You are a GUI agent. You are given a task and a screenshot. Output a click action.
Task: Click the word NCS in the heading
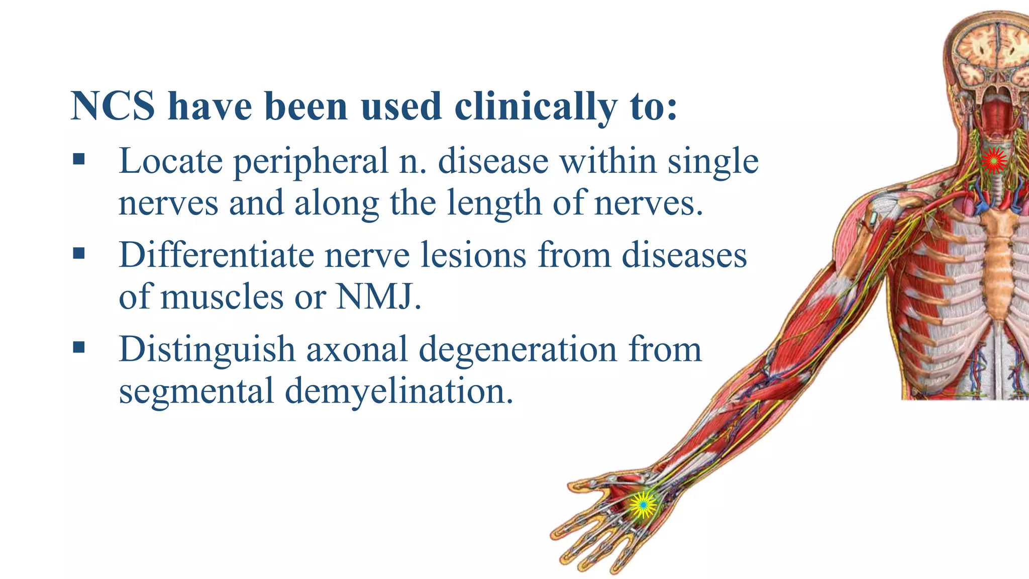coord(113,106)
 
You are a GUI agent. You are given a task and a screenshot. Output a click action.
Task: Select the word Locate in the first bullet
coord(171,161)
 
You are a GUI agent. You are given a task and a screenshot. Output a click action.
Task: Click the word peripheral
coord(311,162)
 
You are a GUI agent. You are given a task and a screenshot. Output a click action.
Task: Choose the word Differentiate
coord(216,255)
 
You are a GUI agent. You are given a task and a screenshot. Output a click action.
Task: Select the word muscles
coord(222,297)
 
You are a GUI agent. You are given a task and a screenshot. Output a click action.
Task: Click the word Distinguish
coord(207,349)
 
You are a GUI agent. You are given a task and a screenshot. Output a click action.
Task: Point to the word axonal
coord(357,349)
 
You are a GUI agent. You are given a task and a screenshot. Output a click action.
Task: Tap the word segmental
coord(195,391)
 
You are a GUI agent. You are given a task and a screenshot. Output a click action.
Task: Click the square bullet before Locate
coord(79,160)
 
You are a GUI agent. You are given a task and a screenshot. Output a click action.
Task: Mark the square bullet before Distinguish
coord(79,347)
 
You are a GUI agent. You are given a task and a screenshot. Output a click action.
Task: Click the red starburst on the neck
coord(993,161)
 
